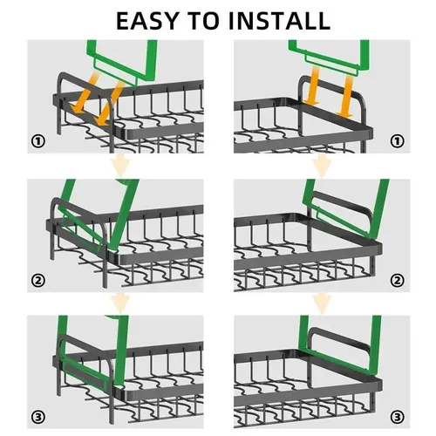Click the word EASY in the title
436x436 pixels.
coord(146,21)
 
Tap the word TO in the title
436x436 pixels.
coord(204,21)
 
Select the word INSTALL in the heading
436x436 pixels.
coord(279,21)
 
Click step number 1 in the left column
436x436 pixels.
coord(38,141)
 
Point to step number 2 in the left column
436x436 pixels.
coord(38,281)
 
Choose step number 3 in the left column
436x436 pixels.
coord(38,418)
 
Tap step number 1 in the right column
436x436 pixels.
coord(397,141)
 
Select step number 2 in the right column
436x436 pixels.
coord(397,281)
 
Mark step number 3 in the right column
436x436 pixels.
coord(397,418)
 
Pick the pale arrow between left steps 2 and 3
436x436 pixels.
coord(120,303)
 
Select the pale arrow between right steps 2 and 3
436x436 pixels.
coord(322,303)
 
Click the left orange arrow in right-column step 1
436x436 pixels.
coord(312,85)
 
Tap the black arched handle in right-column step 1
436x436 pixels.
coord(331,86)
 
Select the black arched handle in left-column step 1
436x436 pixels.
coord(85,86)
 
